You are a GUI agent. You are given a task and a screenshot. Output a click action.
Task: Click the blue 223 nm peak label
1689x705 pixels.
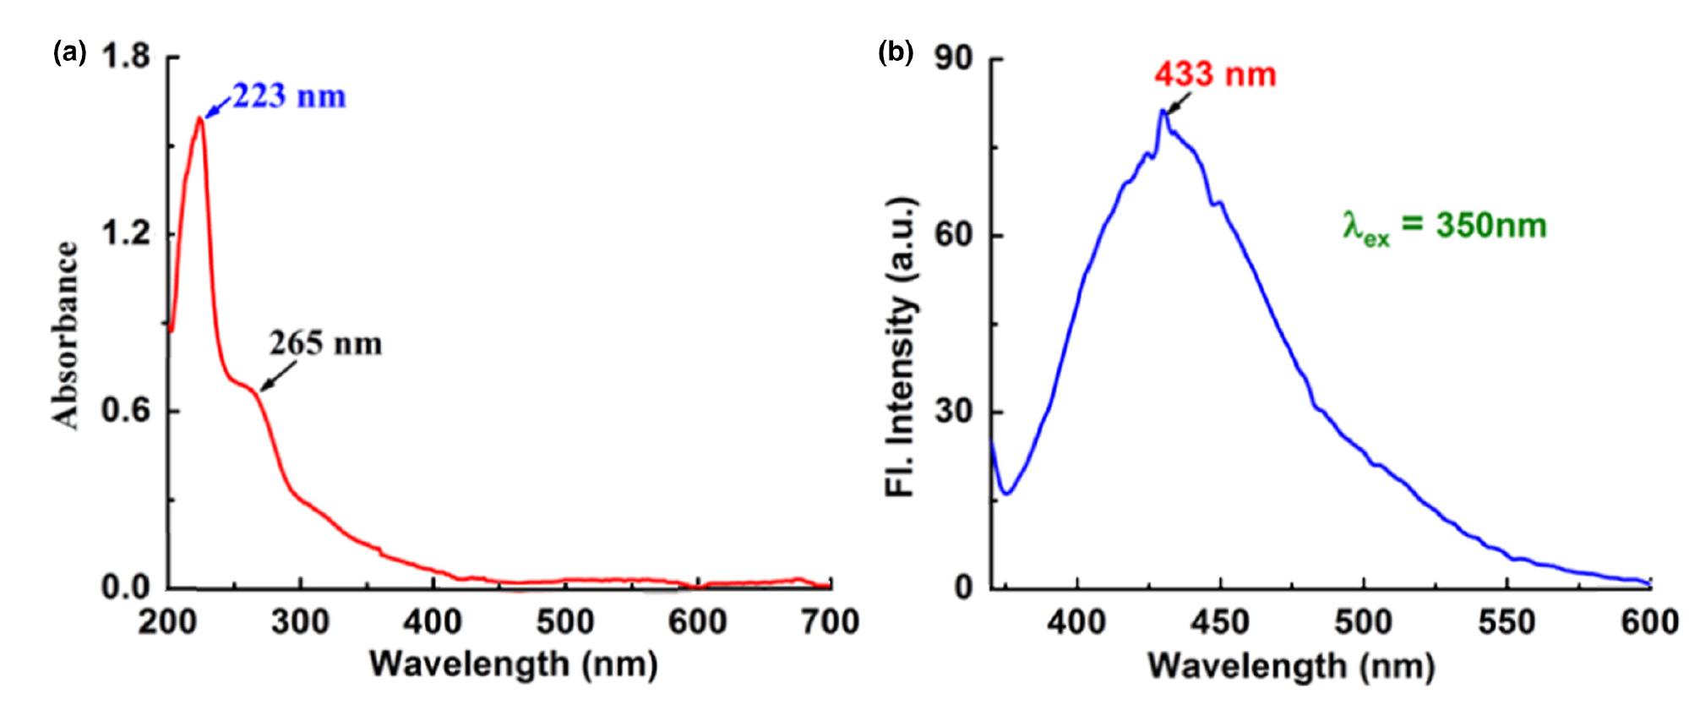pyautogui.click(x=289, y=96)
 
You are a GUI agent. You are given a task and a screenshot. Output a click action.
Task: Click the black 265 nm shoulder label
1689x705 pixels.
pyautogui.click(x=325, y=344)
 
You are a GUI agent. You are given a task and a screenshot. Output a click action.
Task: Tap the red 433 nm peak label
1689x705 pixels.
pyautogui.click(x=1215, y=75)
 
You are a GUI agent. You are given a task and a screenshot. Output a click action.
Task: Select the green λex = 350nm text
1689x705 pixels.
pyautogui.click(x=1445, y=227)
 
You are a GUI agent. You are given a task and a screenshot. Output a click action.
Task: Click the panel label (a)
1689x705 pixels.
pyautogui.click(x=69, y=52)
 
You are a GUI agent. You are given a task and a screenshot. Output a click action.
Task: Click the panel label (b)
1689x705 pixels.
pyautogui.click(x=896, y=52)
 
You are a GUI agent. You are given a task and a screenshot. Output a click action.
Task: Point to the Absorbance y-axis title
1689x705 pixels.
pyautogui.click(x=67, y=336)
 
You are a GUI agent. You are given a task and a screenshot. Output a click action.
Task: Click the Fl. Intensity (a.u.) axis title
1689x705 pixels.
pyautogui.click(x=902, y=347)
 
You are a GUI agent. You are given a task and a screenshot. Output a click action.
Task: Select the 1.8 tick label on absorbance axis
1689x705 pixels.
pyautogui.click(x=125, y=57)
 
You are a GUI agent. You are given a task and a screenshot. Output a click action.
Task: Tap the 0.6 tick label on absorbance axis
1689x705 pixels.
pyautogui.click(x=125, y=412)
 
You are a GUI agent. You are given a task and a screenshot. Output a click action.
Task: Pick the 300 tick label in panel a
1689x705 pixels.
pyautogui.click(x=300, y=623)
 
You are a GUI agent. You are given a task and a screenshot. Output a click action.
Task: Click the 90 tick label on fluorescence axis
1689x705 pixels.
pyautogui.click(x=954, y=58)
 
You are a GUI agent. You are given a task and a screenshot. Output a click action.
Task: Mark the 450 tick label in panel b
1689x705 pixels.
pyautogui.click(x=1220, y=623)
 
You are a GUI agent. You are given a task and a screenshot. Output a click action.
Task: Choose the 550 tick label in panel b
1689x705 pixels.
pyautogui.click(x=1506, y=623)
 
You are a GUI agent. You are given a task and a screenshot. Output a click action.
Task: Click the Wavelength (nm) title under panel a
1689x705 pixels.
pyautogui.click(x=514, y=664)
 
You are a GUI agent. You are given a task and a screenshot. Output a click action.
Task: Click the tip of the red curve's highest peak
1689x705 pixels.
pyautogui.click(x=200, y=117)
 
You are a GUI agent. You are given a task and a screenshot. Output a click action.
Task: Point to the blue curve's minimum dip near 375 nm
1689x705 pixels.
pyautogui.click(x=1006, y=494)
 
